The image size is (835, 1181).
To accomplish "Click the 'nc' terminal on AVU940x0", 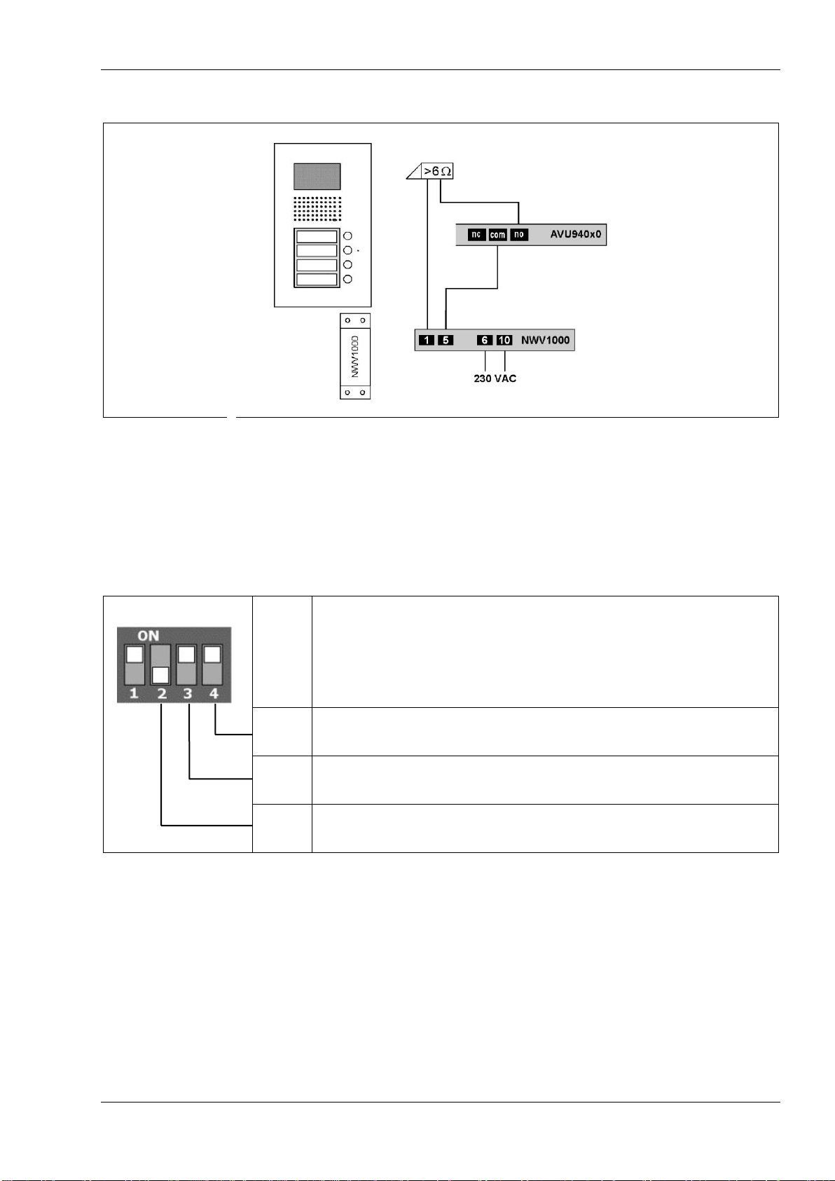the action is pos(476,235).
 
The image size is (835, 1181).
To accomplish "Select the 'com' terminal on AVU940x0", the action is pos(497,235).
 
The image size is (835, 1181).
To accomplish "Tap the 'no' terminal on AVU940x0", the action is pos(519,235).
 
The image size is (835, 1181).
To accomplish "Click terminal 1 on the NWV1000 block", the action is pos(427,341).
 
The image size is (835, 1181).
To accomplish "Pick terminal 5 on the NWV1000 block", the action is pos(446,341).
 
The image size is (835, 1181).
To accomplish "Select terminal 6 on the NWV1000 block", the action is pos(485,341).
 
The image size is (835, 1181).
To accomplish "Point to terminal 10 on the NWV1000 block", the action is pos(504,341).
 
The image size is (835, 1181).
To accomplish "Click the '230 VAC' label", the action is pos(495,378).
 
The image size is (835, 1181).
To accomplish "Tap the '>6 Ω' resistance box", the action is pos(438,171).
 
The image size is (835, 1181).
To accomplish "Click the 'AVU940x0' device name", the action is pos(575,235).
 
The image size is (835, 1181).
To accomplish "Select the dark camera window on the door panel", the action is pos(317,177).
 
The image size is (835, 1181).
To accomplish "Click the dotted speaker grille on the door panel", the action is pos(317,208).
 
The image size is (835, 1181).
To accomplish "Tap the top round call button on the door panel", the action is pos(347,236).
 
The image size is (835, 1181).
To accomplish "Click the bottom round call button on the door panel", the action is pos(347,280).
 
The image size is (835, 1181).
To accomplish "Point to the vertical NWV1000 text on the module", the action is pos(355,356).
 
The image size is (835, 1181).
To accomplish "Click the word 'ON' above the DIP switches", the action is pos(149,636).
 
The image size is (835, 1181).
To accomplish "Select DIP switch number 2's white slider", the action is pos(161,675).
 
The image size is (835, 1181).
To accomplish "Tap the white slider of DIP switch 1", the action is pos(134,655).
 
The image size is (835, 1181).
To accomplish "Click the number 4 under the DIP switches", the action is pos(214,694).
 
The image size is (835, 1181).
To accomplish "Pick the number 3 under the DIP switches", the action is pos(188,694).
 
